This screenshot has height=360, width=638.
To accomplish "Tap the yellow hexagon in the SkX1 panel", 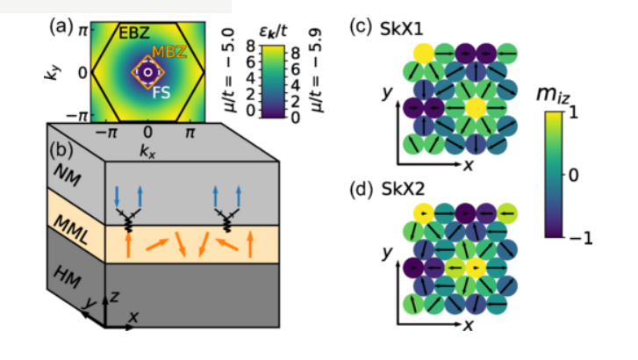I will click(475, 107).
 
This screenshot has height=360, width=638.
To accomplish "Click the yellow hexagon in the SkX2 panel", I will click(475, 267).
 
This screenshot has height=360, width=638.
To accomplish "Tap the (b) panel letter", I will click(61, 148).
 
